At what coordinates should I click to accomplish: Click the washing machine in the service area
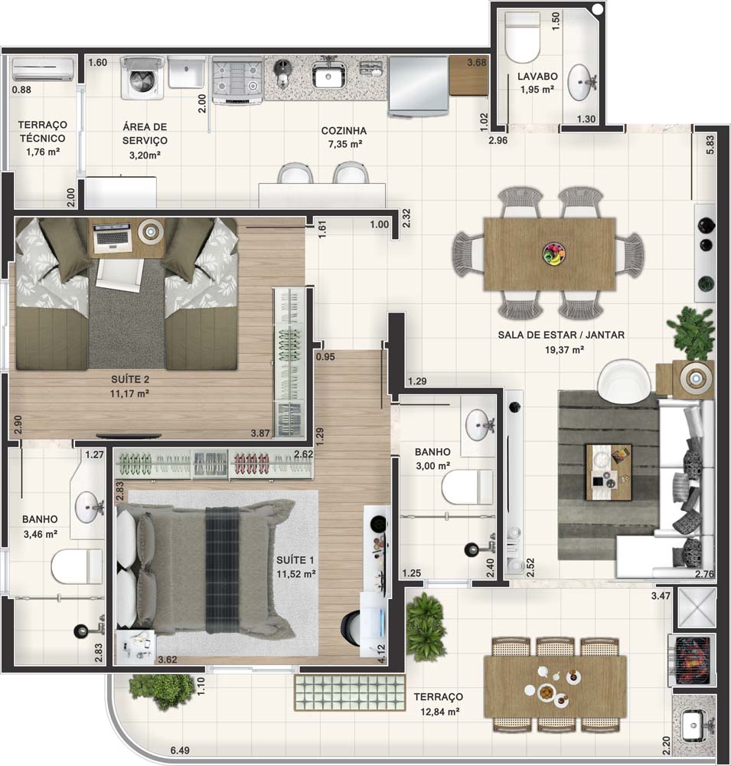(142, 78)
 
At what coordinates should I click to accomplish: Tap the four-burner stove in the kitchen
(238, 80)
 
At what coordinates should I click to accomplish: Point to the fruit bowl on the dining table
(553, 254)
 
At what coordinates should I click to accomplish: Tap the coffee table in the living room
(609, 471)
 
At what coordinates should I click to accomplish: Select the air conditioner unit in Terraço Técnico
(43, 70)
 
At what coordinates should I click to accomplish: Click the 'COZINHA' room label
(344, 131)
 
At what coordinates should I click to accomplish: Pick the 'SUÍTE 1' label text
(295, 561)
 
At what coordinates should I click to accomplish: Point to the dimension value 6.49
(180, 751)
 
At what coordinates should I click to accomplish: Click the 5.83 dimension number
(710, 145)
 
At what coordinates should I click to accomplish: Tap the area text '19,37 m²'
(564, 350)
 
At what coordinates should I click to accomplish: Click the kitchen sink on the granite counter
(329, 75)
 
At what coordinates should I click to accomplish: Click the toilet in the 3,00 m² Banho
(466, 486)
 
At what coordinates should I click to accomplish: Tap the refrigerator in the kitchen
(419, 87)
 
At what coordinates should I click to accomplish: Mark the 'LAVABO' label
(537, 77)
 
